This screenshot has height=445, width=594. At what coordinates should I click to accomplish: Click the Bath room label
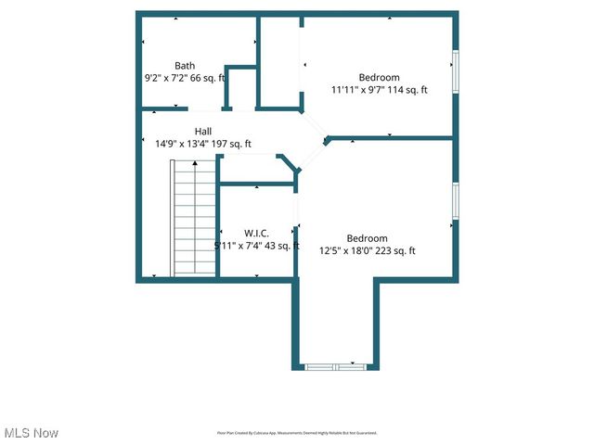(x=185, y=66)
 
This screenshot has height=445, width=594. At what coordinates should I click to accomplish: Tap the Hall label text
(x=203, y=132)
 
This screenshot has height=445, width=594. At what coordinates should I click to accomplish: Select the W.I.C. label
(x=256, y=233)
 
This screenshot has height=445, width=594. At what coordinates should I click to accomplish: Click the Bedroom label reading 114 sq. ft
(x=379, y=77)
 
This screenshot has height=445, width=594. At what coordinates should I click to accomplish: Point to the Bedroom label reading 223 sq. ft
(x=367, y=237)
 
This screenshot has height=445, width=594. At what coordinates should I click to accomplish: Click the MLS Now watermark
(x=32, y=433)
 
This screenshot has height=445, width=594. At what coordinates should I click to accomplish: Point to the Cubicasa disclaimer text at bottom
(x=297, y=433)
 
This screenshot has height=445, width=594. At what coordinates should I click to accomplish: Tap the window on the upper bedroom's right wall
(x=455, y=72)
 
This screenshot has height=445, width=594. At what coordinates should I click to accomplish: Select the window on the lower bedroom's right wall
(x=455, y=201)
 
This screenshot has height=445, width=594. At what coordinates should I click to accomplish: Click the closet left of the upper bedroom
(x=278, y=63)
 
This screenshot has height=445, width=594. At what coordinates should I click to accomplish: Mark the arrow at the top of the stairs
(x=195, y=162)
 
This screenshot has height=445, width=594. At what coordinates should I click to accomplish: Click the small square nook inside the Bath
(x=241, y=88)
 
